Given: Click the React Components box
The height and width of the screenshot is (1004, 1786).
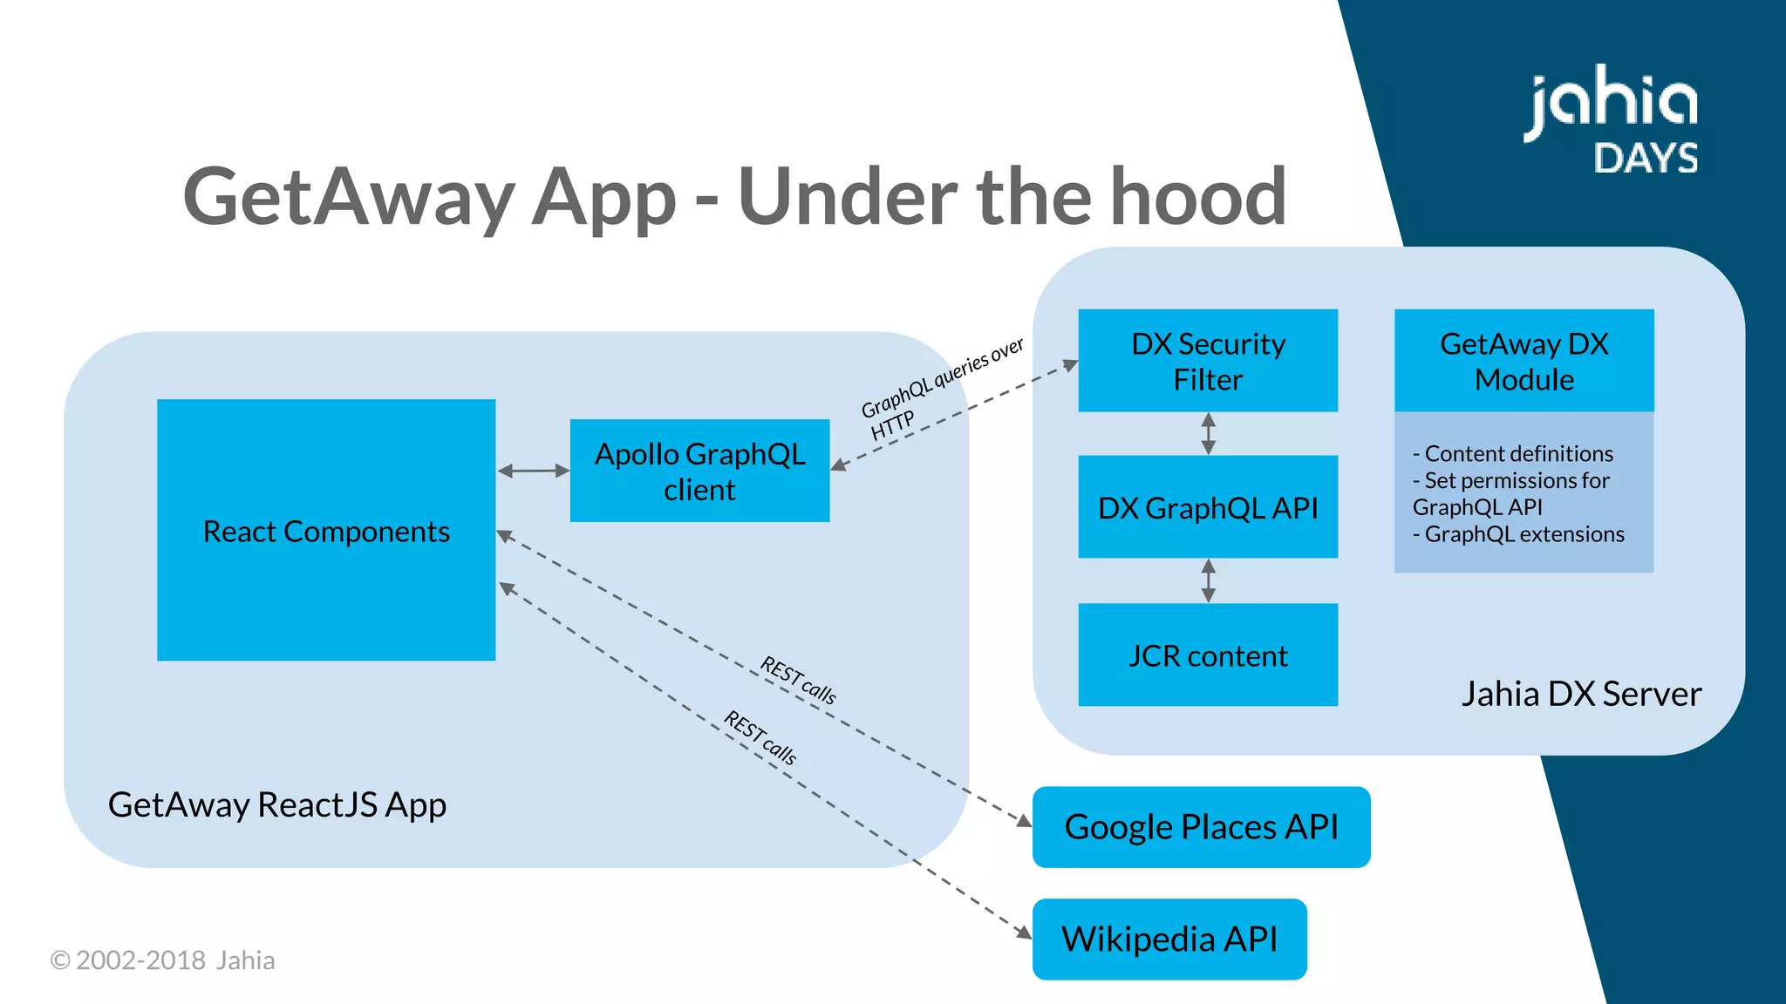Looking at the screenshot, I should point(326,530).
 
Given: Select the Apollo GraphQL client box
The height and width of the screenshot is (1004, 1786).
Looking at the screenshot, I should point(699,471).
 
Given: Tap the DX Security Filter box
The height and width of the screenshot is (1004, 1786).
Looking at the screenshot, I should point(1208,361).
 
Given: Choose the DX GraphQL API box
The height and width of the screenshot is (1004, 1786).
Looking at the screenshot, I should point(1208,507).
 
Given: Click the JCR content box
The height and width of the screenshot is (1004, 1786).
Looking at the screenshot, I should point(1208,655).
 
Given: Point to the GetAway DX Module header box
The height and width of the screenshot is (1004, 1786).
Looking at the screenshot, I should point(1524,361).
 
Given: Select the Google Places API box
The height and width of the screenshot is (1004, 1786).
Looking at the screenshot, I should point(1201,826).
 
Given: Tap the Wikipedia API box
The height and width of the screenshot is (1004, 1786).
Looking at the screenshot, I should point(1169,939).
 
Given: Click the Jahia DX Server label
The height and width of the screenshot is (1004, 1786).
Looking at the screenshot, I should point(1580,694).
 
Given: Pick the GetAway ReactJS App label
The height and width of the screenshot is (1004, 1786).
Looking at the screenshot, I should point(277,804).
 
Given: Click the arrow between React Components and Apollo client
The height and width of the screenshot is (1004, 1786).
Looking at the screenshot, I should point(533,471).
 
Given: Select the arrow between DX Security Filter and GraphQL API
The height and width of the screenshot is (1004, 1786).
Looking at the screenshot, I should point(1208,433).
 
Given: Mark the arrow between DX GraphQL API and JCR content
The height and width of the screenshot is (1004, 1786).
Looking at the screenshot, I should point(1208,580).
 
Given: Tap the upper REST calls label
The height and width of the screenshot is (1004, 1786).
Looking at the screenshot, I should point(798,680).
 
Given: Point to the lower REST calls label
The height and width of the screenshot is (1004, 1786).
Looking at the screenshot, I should point(760,737).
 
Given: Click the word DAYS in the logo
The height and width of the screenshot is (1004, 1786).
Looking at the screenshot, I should point(1646,159).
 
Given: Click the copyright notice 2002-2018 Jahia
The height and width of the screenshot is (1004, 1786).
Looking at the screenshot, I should point(163,960).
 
